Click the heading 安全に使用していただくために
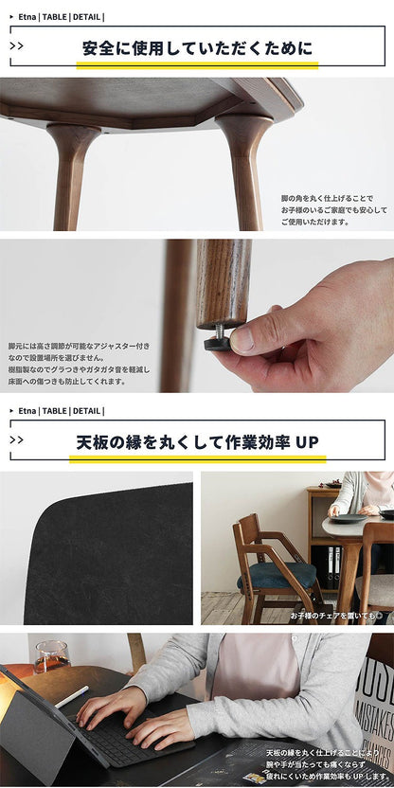click(197, 47)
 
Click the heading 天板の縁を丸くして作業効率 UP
click(197, 442)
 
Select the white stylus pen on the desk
click(74, 696)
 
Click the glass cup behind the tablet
click(50, 655)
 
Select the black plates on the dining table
click(349, 518)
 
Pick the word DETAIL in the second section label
click(85, 411)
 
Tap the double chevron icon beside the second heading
click(17, 439)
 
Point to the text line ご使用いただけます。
click(314, 222)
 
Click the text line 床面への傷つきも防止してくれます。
click(65, 381)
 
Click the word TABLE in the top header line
click(54, 16)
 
